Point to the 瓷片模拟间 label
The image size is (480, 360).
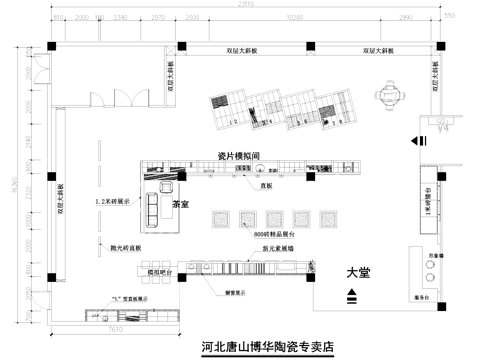[x=239, y=156]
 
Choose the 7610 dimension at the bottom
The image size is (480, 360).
[x=115, y=327]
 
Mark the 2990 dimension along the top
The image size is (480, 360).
[x=406, y=18]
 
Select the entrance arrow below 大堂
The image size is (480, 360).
[x=353, y=295]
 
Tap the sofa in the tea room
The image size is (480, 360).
[x=154, y=203]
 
